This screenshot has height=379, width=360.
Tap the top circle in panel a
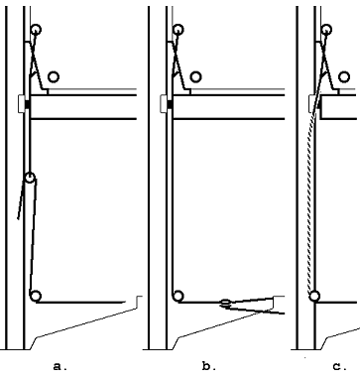tap(36, 30)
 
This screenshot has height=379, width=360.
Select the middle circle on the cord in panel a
tap(30, 178)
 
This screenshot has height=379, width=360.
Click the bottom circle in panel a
tap(36, 296)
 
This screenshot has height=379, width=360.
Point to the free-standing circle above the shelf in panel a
tap(54, 76)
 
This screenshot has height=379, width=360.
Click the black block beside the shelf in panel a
tap(28, 104)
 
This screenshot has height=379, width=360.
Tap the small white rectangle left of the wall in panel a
tap(21, 104)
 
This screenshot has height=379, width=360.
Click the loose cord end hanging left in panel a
tap(21, 199)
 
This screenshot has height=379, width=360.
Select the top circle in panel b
tap(179, 30)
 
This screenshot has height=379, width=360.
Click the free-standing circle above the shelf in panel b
tap(195, 76)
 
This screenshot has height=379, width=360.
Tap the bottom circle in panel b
tap(179, 296)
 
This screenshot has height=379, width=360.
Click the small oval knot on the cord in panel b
tap(225, 302)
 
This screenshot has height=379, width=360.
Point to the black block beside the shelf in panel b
tap(170, 104)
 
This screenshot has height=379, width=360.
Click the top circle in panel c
tap(326, 30)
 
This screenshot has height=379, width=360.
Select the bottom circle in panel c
tap(314, 296)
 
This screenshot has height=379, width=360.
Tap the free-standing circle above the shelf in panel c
tap(344, 76)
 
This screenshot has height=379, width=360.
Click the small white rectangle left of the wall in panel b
tap(164, 104)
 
